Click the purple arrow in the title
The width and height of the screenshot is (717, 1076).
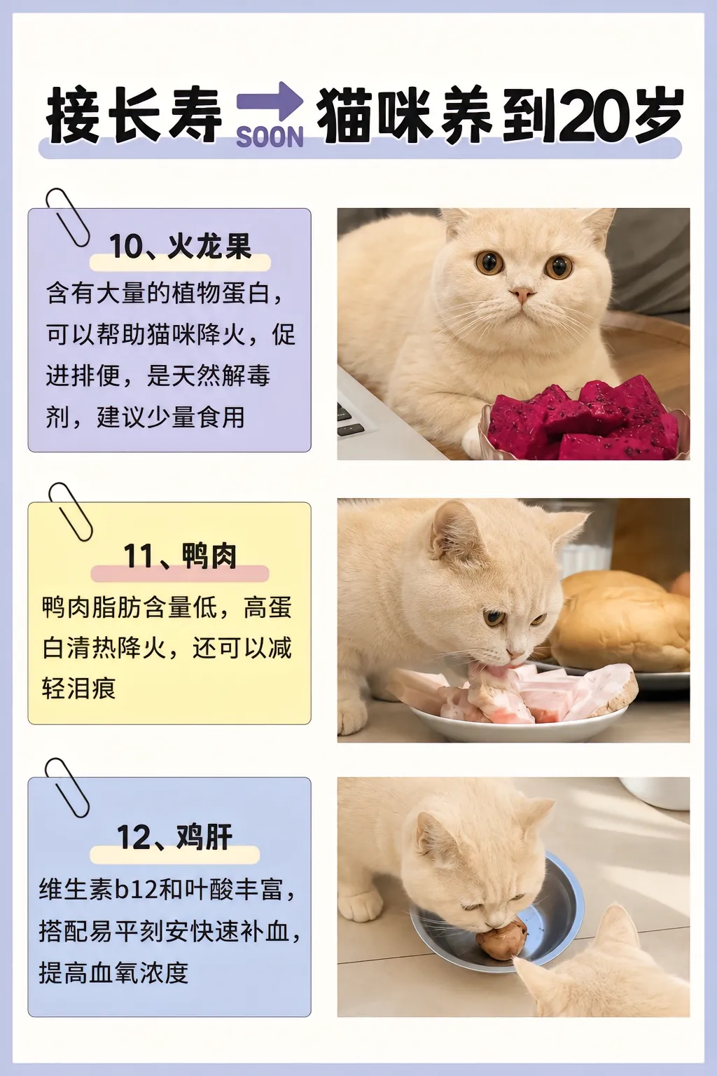point(270,102)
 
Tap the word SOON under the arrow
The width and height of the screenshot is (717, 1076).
point(270,138)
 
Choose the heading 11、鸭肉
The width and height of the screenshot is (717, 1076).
point(180,556)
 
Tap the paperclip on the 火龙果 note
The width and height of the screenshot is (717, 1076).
point(67,217)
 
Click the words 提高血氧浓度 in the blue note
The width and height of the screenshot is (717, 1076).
point(113,973)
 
